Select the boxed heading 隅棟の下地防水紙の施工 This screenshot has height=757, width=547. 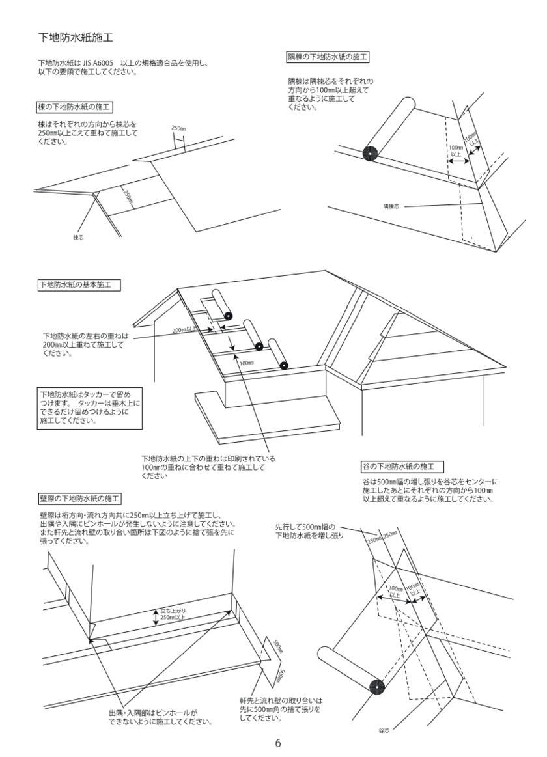coord(328,57)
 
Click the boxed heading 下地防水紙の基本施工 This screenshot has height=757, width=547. coord(79,285)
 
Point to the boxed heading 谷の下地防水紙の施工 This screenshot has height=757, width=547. coord(402,467)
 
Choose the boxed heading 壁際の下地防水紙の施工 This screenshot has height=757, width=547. coord(79,499)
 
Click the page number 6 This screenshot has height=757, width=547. coord(278,743)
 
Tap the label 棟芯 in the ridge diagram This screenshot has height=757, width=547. coord(78,238)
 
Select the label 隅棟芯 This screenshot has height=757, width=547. coord(391,206)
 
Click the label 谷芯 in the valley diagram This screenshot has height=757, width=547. coord(384,730)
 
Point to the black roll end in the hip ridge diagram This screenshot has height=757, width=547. coord(370,154)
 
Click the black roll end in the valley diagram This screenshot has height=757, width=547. coord(377,686)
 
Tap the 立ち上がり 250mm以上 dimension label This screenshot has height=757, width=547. coord(173,614)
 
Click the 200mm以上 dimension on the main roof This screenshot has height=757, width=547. coord(184,330)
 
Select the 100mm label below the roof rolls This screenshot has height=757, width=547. coord(246,363)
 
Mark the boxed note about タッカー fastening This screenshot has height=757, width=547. coord(89,407)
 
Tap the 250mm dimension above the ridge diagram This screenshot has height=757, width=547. coord(178,128)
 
